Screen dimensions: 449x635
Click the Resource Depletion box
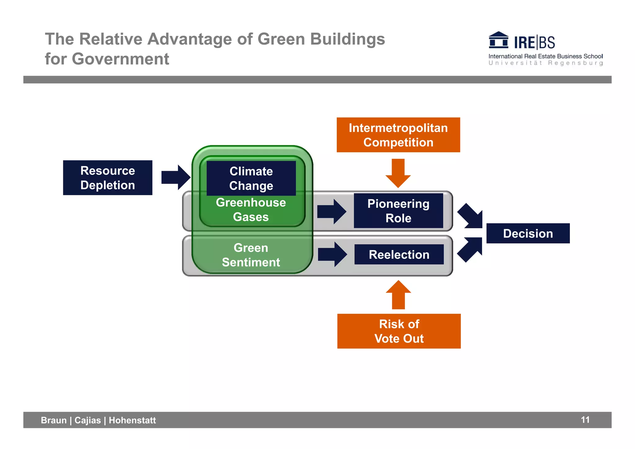click(108, 178)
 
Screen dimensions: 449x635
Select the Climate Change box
click(251, 178)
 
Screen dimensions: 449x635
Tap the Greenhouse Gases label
click(251, 210)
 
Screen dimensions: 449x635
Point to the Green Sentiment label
click(251, 255)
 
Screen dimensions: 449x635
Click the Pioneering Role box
click(398, 211)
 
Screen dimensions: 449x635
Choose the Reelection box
click(399, 255)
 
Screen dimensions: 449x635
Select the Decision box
click(528, 233)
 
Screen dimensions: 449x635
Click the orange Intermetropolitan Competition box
click(398, 135)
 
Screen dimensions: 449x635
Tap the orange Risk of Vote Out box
click(399, 331)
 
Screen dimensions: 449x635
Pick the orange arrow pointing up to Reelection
click(398, 295)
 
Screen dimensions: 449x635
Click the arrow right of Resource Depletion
click(176, 177)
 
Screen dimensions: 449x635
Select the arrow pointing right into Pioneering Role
click(331, 211)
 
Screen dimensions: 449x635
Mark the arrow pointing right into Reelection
click(332, 255)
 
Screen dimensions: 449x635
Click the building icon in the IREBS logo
click(498, 40)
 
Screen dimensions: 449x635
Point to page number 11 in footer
click(585, 420)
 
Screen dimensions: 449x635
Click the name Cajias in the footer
click(88, 420)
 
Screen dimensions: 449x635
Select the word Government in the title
click(120, 59)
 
